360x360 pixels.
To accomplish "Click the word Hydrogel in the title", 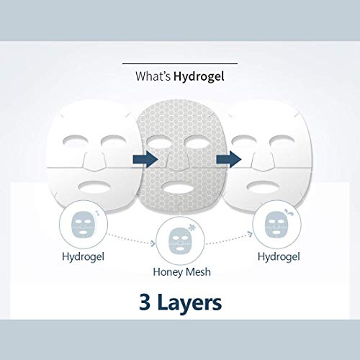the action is point(199,76).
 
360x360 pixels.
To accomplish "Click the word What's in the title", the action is point(153,76).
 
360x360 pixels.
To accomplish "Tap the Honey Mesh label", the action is point(182,272).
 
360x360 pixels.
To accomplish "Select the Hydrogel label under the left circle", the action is point(83,257).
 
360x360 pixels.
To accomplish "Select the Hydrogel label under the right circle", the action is point(279,257).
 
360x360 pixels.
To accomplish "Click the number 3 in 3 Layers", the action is point(145,302).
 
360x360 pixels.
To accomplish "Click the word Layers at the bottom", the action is point(189,303).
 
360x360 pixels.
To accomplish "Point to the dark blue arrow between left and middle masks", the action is point(145,159).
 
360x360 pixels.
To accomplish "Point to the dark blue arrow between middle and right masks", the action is point(229,159).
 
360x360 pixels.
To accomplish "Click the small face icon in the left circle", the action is point(82,225).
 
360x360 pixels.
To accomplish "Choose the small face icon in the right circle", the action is point(276,225).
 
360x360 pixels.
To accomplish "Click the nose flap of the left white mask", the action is point(94,161).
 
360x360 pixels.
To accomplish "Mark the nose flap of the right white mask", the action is point(262,161).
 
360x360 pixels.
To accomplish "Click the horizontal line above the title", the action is point(180,64).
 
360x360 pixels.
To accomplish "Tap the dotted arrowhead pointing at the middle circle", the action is point(153,243).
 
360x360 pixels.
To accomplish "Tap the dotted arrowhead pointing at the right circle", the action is point(250,234).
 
